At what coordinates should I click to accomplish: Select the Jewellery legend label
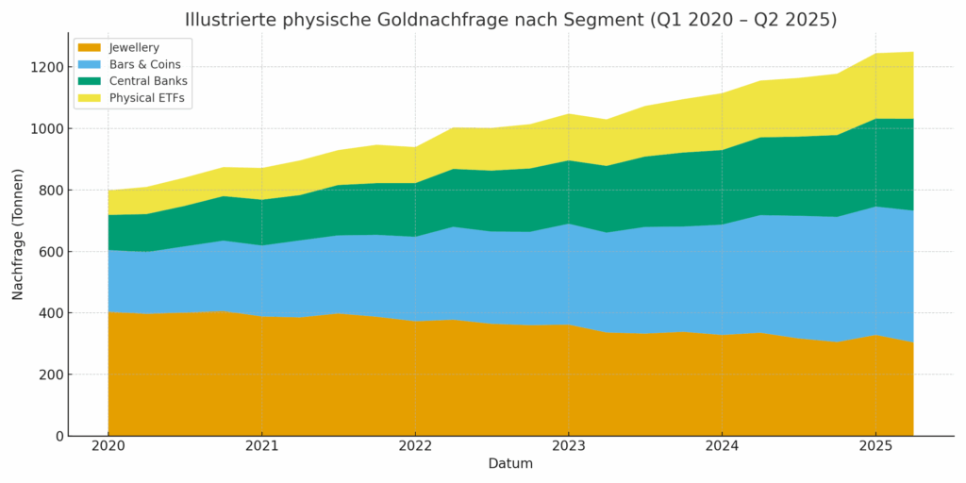click(x=134, y=48)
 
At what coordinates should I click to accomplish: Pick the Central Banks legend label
click(x=147, y=81)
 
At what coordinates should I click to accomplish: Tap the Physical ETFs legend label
click(x=147, y=98)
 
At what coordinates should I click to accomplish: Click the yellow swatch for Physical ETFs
click(x=90, y=98)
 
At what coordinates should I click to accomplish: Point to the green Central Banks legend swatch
click(x=90, y=81)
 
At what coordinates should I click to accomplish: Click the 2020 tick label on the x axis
click(x=108, y=445)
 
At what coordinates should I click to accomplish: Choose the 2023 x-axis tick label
click(x=568, y=445)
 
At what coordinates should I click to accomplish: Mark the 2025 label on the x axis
click(x=875, y=445)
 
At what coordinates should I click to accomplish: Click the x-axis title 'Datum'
click(x=510, y=464)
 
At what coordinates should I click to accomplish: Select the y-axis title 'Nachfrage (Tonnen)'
click(x=18, y=234)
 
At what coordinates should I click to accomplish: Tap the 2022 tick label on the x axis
click(x=415, y=445)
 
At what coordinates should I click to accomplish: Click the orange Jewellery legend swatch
click(x=90, y=48)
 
